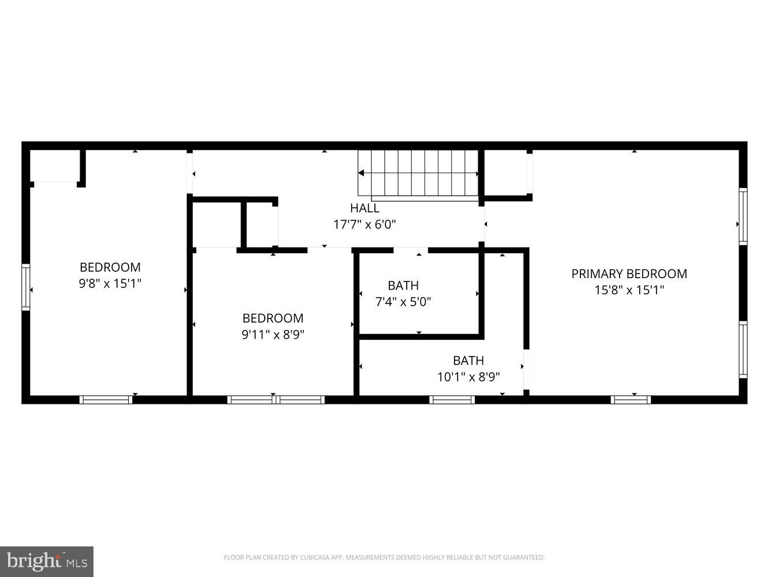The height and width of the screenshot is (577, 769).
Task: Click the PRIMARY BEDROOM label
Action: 629,273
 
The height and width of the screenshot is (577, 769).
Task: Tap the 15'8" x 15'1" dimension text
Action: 629,290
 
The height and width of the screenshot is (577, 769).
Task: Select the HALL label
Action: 365,208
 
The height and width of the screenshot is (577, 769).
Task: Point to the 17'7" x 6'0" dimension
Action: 365,224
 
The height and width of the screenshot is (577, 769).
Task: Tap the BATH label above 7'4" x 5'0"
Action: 403,285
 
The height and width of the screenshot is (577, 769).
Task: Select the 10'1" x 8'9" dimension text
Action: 468,377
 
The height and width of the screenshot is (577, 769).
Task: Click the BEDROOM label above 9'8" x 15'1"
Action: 110,267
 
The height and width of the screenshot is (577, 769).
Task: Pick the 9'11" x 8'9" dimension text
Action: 273,334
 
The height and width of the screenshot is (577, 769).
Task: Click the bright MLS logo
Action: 47,560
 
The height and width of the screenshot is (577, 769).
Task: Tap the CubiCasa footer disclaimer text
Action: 384,557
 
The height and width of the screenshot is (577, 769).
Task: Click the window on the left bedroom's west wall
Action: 25,287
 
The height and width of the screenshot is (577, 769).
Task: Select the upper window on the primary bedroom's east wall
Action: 743,216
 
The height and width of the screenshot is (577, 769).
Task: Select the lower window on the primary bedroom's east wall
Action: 743,350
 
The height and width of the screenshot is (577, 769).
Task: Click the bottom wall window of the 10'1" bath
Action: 452,399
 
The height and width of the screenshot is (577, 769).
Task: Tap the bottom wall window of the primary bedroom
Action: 631,399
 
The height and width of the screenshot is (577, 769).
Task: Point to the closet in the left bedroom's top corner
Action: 55,166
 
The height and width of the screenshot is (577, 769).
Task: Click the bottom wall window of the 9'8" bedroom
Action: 106,399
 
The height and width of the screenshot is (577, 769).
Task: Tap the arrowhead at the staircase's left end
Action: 361,173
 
